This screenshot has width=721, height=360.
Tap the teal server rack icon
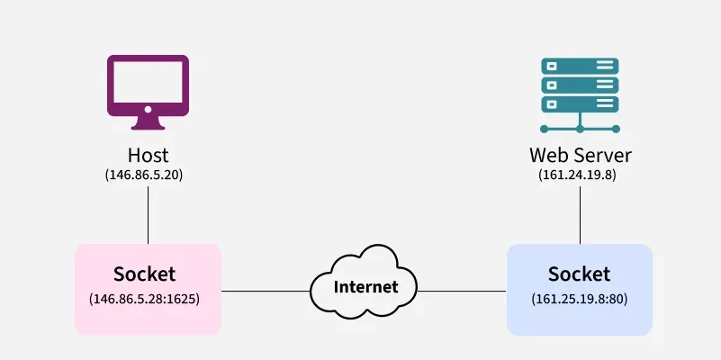click(579, 95)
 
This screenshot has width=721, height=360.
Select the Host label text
click(148, 155)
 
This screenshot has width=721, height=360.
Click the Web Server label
click(580, 155)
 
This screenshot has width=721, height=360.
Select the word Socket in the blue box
click(579, 274)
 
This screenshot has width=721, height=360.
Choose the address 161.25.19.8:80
click(579, 298)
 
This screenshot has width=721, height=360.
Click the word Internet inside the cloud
click(365, 288)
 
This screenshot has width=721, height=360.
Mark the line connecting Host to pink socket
click(148, 214)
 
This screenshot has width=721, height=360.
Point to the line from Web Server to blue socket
click(580, 214)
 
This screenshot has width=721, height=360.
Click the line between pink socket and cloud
click(266, 291)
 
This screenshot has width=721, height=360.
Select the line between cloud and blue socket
click(461, 291)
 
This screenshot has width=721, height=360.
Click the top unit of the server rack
click(579, 66)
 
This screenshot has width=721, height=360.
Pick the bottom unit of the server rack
click(579, 103)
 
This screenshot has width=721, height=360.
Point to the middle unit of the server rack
click(579, 84)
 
